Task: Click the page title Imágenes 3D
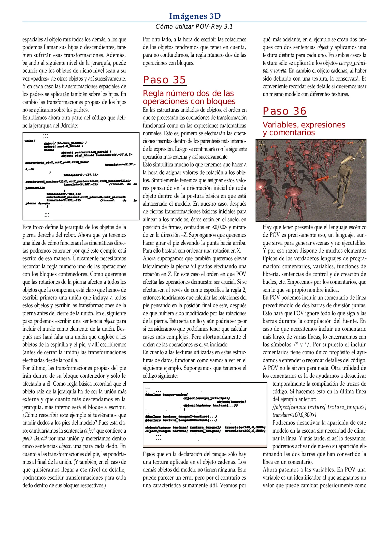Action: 195,16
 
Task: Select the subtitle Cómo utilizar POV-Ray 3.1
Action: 194,26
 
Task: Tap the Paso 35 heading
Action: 164,80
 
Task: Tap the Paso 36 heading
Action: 284,111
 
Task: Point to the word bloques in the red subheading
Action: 221,101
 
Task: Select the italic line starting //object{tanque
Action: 319,407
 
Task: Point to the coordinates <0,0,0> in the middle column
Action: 220,227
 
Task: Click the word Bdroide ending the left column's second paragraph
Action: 69,126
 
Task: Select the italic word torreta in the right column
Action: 280,71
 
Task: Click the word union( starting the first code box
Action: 30,141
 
